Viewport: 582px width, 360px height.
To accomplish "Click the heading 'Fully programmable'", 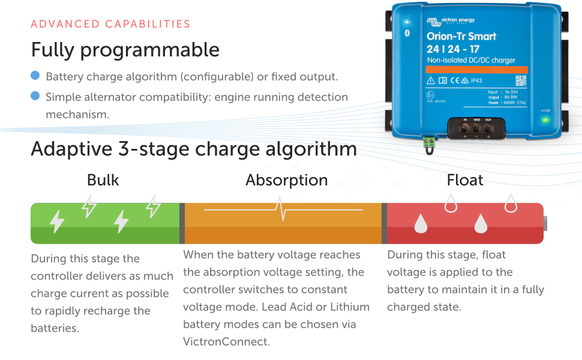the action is (125, 49).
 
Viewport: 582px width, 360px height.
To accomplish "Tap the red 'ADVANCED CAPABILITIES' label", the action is (110, 24).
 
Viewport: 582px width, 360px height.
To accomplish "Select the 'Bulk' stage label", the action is (103, 180).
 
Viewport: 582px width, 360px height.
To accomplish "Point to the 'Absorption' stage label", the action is (287, 180).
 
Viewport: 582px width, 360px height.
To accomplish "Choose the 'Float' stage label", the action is (465, 180).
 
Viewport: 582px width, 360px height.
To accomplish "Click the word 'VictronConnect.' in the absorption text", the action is (227, 341).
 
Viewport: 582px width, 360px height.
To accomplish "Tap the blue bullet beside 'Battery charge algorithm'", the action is (35, 76).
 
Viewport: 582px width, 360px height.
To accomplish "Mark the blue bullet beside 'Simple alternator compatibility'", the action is (35, 96).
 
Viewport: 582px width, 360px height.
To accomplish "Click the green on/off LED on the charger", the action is (545, 120).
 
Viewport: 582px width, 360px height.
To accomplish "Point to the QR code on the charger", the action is (520, 80).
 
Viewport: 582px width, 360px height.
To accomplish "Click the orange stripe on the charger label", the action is (477, 70).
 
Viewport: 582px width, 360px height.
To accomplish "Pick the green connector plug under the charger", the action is (429, 142).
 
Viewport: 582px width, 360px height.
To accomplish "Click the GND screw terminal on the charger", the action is (476, 127).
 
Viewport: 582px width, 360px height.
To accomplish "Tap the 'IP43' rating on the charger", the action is (476, 80).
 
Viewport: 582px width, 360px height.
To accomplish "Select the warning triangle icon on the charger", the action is (430, 80).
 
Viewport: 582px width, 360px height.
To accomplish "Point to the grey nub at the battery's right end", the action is (546, 223).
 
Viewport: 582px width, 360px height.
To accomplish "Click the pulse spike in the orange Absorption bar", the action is (280, 208).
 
